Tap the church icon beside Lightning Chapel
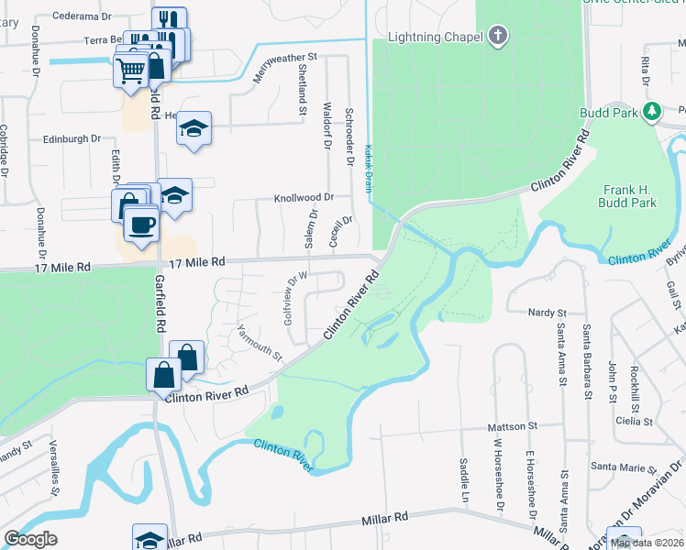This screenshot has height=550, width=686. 498,37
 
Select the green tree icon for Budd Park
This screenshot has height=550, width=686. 652,112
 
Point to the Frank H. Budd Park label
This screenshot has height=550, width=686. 629,195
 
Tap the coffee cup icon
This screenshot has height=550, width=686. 140,224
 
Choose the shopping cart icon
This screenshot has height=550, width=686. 131,70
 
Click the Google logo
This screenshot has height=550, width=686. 30,539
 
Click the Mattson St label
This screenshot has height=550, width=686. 512,426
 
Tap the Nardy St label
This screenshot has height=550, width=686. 548,313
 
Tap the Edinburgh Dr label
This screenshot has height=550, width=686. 72,138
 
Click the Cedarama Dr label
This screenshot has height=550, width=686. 82,16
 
